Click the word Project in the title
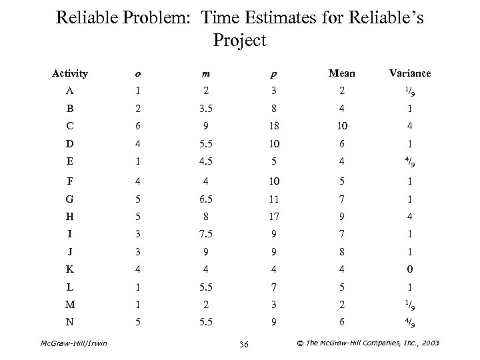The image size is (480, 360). click(x=240, y=41)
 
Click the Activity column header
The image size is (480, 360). click(x=70, y=73)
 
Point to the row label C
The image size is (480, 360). click(x=70, y=125)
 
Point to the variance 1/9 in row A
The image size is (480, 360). click(x=411, y=90)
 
